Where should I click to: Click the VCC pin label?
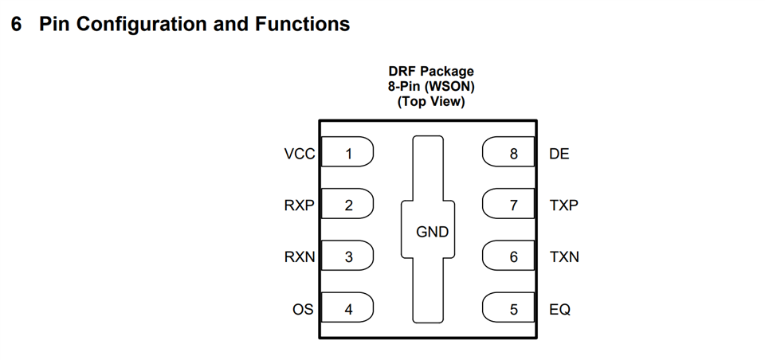coord(300,154)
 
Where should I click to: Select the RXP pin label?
coord(300,205)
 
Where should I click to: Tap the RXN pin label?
coord(300,257)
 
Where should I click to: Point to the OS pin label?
coord(303,309)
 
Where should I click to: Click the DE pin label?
coord(559,154)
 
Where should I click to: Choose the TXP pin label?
coord(563,205)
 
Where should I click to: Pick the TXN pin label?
coord(563,257)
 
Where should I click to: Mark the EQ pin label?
coord(559,309)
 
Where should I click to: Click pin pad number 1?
coord(347,154)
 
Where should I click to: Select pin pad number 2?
coord(347,205)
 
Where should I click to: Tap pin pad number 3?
coord(347,257)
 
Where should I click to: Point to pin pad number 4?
coord(347,309)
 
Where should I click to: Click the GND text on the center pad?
coord(432,233)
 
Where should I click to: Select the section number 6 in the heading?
coord(17,25)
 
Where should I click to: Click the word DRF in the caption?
coord(402,72)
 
